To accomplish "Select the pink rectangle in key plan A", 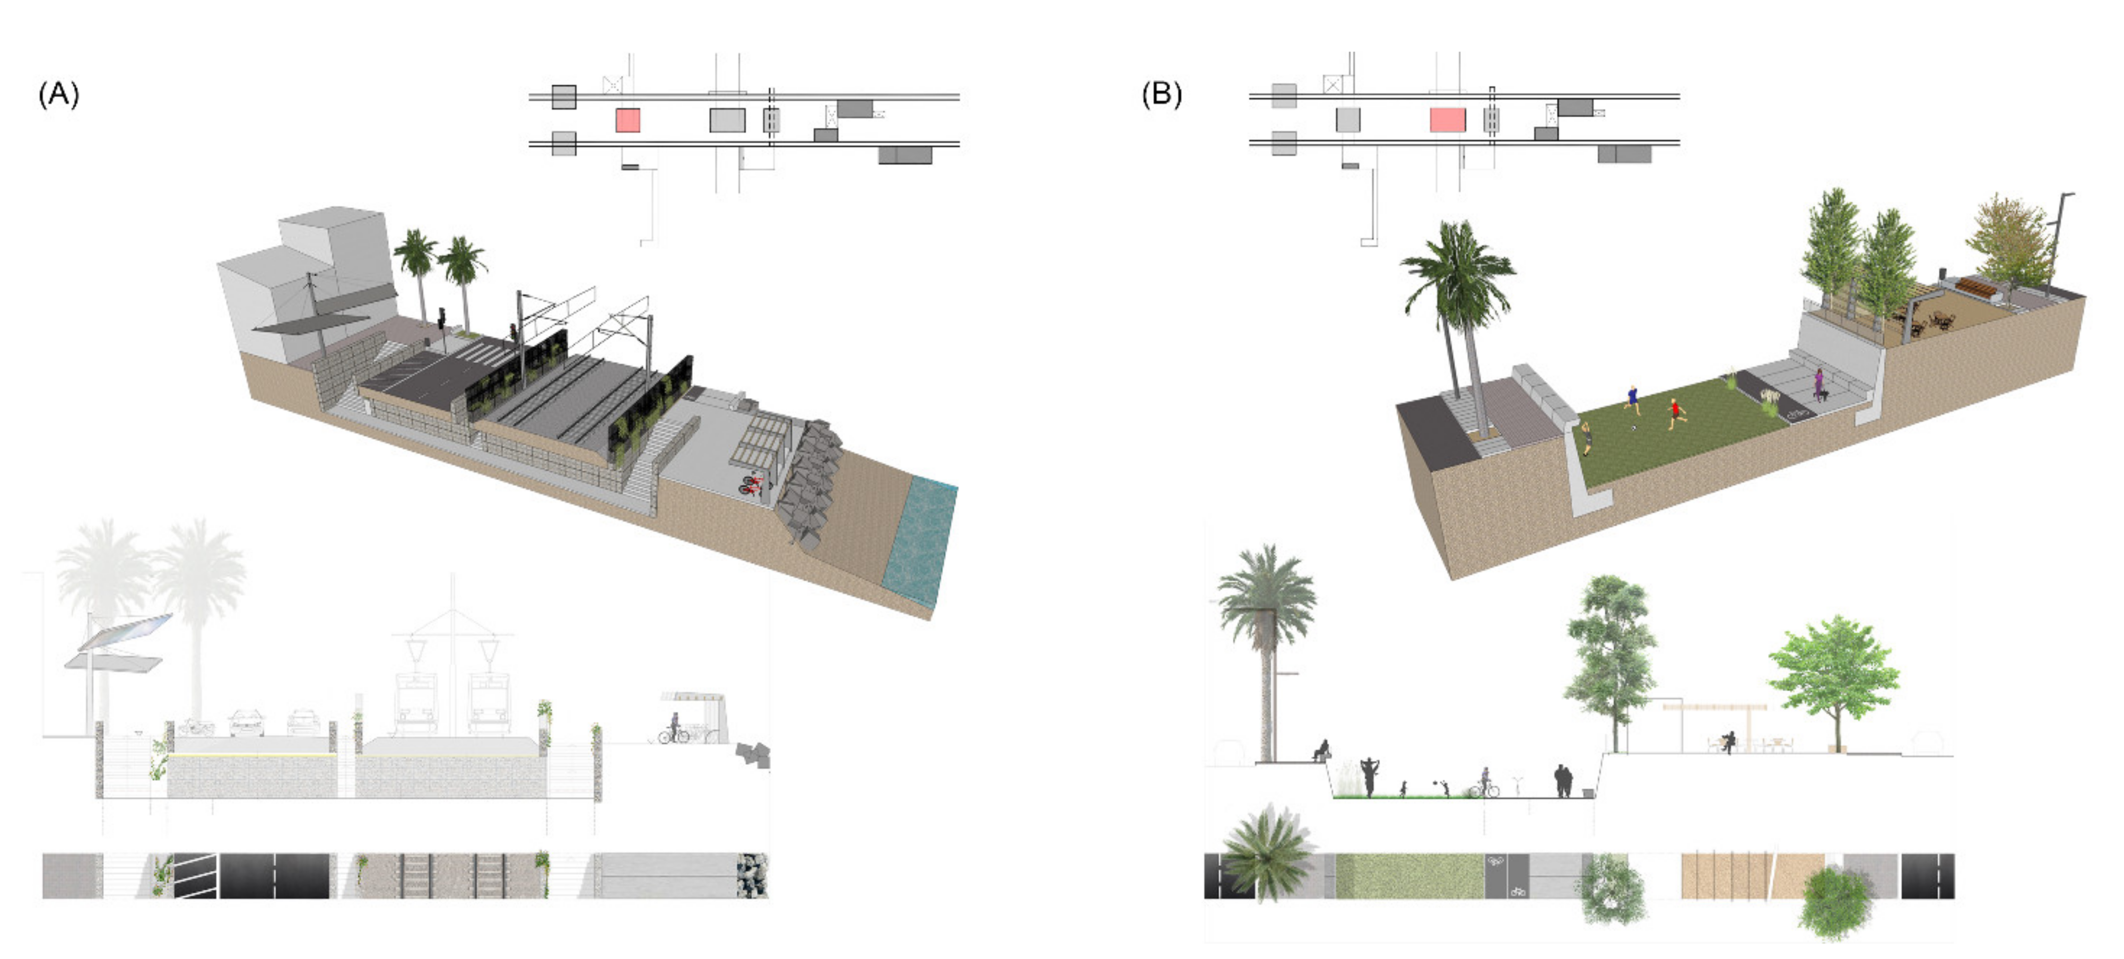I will coord(628,120).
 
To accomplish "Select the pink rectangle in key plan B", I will coord(1447,120).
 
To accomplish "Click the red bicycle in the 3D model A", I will coord(750,484).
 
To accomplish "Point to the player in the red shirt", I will coord(1675,412).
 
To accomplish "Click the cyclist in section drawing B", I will coord(1484,783).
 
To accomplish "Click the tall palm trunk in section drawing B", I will coord(1266,693).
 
